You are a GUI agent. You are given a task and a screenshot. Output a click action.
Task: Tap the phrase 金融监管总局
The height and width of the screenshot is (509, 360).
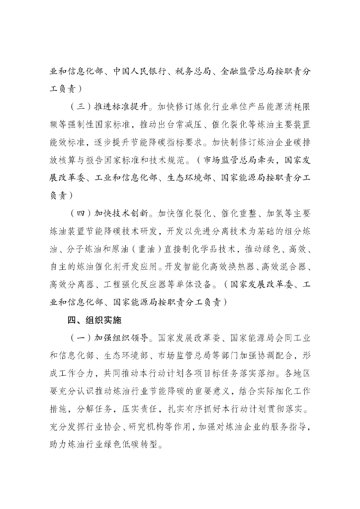(247, 71)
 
